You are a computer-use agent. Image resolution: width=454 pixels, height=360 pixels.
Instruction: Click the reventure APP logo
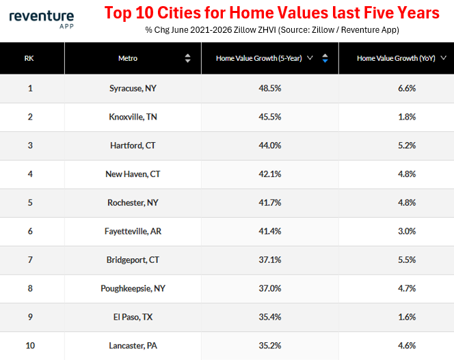tap(42, 20)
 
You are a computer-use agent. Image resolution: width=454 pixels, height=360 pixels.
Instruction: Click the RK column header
tap(29, 59)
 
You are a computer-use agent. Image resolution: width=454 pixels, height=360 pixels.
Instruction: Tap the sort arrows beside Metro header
tap(187, 58)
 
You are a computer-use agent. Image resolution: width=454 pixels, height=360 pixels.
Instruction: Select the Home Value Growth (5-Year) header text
tap(259, 59)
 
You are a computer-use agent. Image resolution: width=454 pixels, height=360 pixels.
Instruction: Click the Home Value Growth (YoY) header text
tap(396, 59)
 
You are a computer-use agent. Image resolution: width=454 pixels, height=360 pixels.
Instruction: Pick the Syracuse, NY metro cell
tap(133, 88)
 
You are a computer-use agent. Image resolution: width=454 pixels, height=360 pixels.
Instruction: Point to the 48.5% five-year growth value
tap(270, 88)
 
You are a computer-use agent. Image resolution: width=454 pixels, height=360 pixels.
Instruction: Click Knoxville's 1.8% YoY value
tap(407, 117)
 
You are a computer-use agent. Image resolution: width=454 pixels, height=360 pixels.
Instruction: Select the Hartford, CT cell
tap(133, 146)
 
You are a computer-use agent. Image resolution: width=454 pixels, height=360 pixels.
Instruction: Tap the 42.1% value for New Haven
tap(270, 174)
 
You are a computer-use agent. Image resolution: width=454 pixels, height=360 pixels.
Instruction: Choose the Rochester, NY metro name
tap(133, 203)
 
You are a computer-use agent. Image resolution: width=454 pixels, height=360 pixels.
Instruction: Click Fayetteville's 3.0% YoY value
tap(407, 231)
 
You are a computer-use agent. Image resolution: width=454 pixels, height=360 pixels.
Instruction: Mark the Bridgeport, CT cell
tap(133, 260)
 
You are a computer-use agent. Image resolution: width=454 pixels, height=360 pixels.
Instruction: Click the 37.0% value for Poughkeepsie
tap(270, 288)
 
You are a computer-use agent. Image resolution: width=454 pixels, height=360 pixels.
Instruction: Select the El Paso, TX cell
tap(133, 317)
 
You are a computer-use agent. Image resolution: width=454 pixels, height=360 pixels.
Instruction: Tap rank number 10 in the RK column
tap(30, 346)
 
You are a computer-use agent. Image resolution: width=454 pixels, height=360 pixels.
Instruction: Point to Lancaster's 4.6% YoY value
tap(407, 346)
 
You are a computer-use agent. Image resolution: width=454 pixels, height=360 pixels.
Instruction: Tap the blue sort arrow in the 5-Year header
tap(325, 61)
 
